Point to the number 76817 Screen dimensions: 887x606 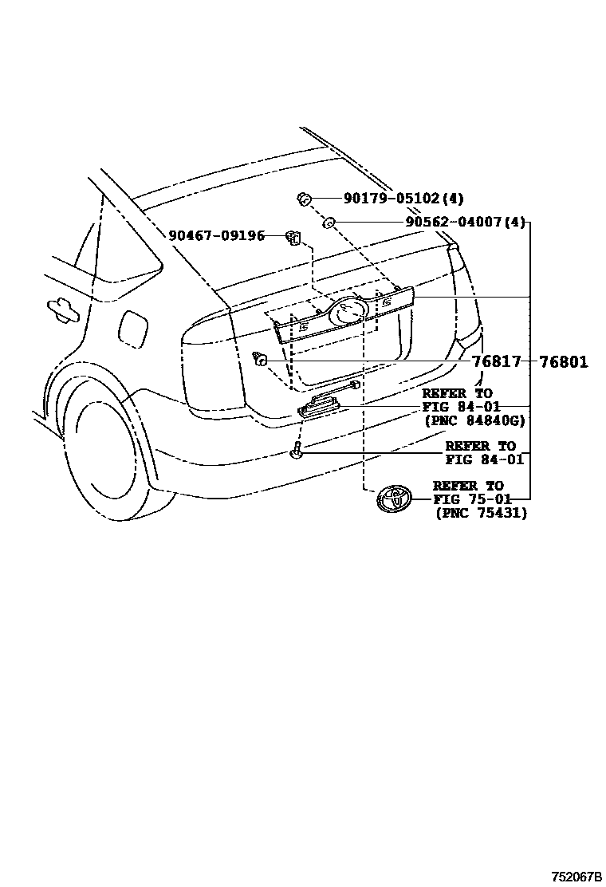pyautogui.click(x=495, y=362)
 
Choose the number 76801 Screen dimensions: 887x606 pyautogui.click(x=563, y=362)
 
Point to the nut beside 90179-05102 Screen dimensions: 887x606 pyautogui.click(x=304, y=199)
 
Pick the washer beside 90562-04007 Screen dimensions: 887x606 pyautogui.click(x=329, y=223)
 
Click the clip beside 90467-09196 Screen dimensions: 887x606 pyautogui.click(x=293, y=236)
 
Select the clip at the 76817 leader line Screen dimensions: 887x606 pyautogui.click(x=258, y=360)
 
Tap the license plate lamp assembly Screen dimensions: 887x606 pyautogui.click(x=324, y=405)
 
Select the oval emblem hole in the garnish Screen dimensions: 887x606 pyautogui.click(x=348, y=309)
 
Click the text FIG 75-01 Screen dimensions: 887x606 pyautogui.click(x=467, y=499)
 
